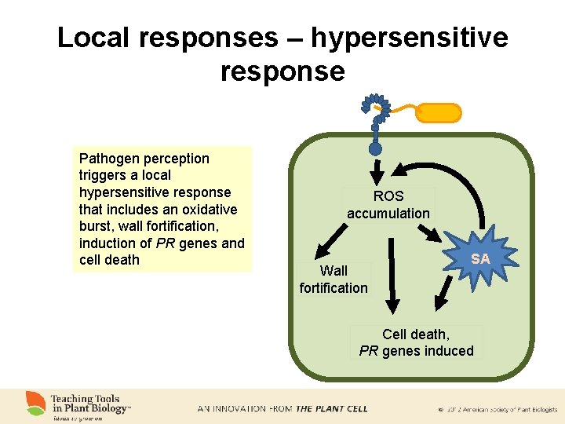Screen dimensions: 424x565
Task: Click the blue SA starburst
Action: coord(480,258)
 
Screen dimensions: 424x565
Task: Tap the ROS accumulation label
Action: coord(388,205)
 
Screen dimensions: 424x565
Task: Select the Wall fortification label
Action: coord(334,280)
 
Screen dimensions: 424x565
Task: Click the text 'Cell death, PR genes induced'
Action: coord(416,342)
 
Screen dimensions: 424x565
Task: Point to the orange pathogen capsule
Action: coord(438,112)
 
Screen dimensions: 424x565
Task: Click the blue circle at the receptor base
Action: coord(376,147)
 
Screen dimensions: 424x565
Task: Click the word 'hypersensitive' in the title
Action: coord(409,37)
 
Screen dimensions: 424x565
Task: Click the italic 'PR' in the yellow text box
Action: coord(166,243)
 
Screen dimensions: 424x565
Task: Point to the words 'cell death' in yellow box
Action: coord(109,260)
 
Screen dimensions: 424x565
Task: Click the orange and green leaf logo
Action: coord(35,403)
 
